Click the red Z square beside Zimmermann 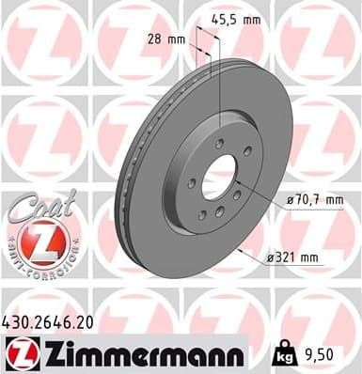(19, 353)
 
